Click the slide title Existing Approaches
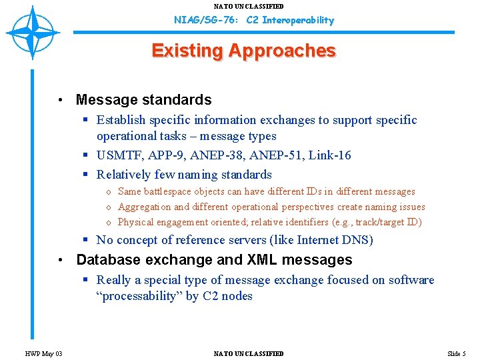pyautogui.click(x=243, y=51)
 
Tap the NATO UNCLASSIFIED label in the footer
pyautogui.click(x=249, y=353)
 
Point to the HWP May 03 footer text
pyautogui.click(x=44, y=353)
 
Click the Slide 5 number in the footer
pyautogui.click(x=456, y=353)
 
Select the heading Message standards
pyautogui.click(x=143, y=100)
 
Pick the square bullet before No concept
pyautogui.click(x=87, y=240)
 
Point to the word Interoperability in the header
pyautogui.click(x=298, y=20)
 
